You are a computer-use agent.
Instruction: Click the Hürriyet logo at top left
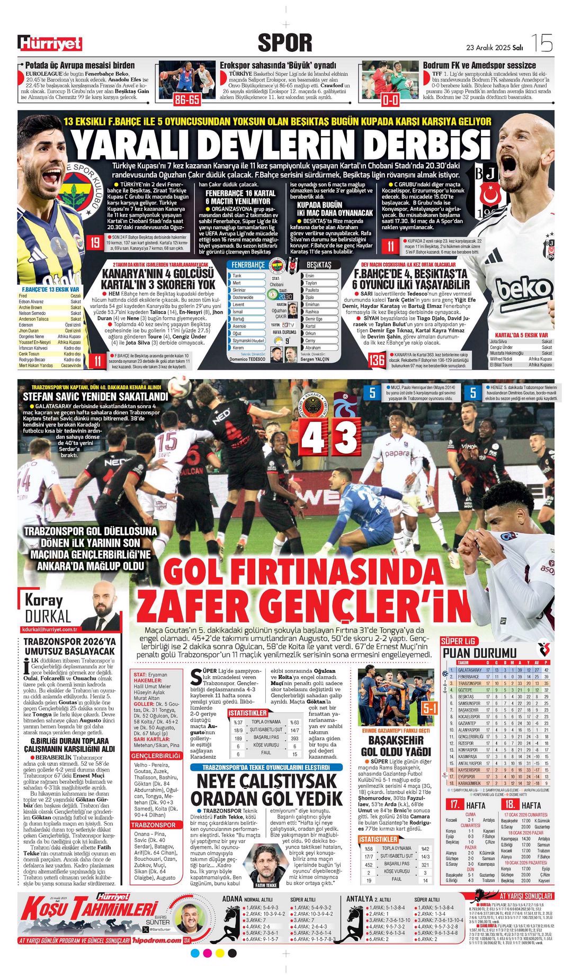[x=50, y=43]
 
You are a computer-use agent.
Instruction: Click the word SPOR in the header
[x=285, y=42]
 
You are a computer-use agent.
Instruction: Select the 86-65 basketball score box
[x=187, y=100]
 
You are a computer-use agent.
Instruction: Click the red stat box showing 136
[x=377, y=360]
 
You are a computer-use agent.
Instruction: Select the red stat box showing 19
[x=95, y=243]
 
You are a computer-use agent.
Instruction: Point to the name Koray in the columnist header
[x=43, y=601]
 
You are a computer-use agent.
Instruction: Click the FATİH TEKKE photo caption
[x=266, y=885]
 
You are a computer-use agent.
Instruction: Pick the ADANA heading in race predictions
[x=232, y=899]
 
